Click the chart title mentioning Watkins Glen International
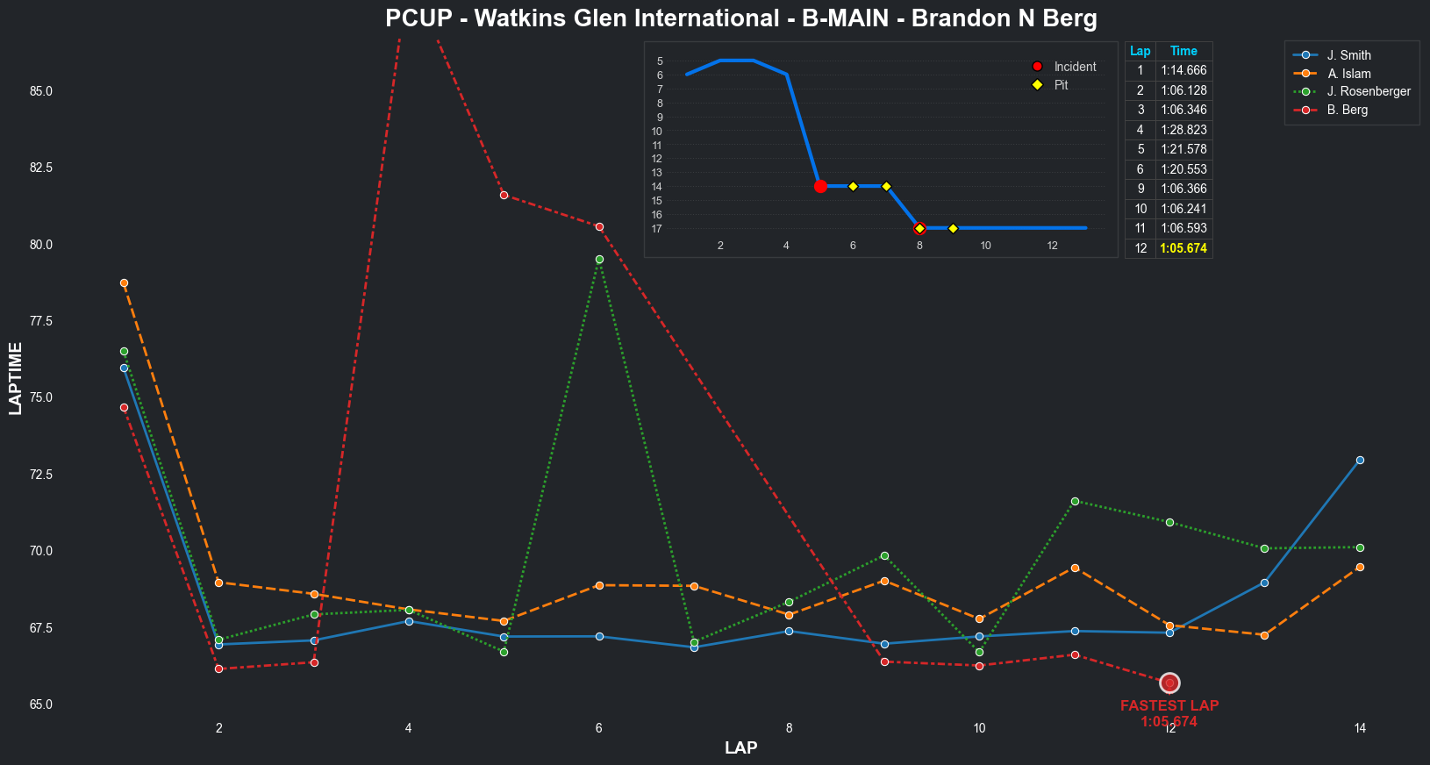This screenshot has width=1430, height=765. coord(740,18)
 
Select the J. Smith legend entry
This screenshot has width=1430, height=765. coord(1348,55)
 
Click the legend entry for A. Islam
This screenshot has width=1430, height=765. coord(1348,74)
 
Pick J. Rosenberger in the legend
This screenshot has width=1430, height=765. coord(1368,91)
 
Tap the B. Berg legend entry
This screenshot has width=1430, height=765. coord(1347,110)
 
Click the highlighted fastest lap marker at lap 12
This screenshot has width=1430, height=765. coord(1169,683)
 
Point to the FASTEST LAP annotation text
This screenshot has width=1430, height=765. coord(1169,706)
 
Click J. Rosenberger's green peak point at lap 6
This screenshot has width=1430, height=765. coord(599,260)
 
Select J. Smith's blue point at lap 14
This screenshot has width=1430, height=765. coord(1360,460)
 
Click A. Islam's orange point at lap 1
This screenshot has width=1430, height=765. coord(124,283)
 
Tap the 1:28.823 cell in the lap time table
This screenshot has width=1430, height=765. coord(1183,130)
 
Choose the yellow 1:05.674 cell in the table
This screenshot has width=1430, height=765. coord(1183,248)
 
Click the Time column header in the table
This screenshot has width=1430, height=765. coord(1183,51)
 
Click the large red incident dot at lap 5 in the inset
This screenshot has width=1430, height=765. coord(820,186)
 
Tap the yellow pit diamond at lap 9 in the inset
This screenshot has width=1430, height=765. coord(953,228)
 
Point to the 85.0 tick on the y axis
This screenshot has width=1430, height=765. coord(41,91)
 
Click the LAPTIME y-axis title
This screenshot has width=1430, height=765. coord(16,378)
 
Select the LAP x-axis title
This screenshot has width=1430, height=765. coord(741,748)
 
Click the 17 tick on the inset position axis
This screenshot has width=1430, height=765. coord(657,229)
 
